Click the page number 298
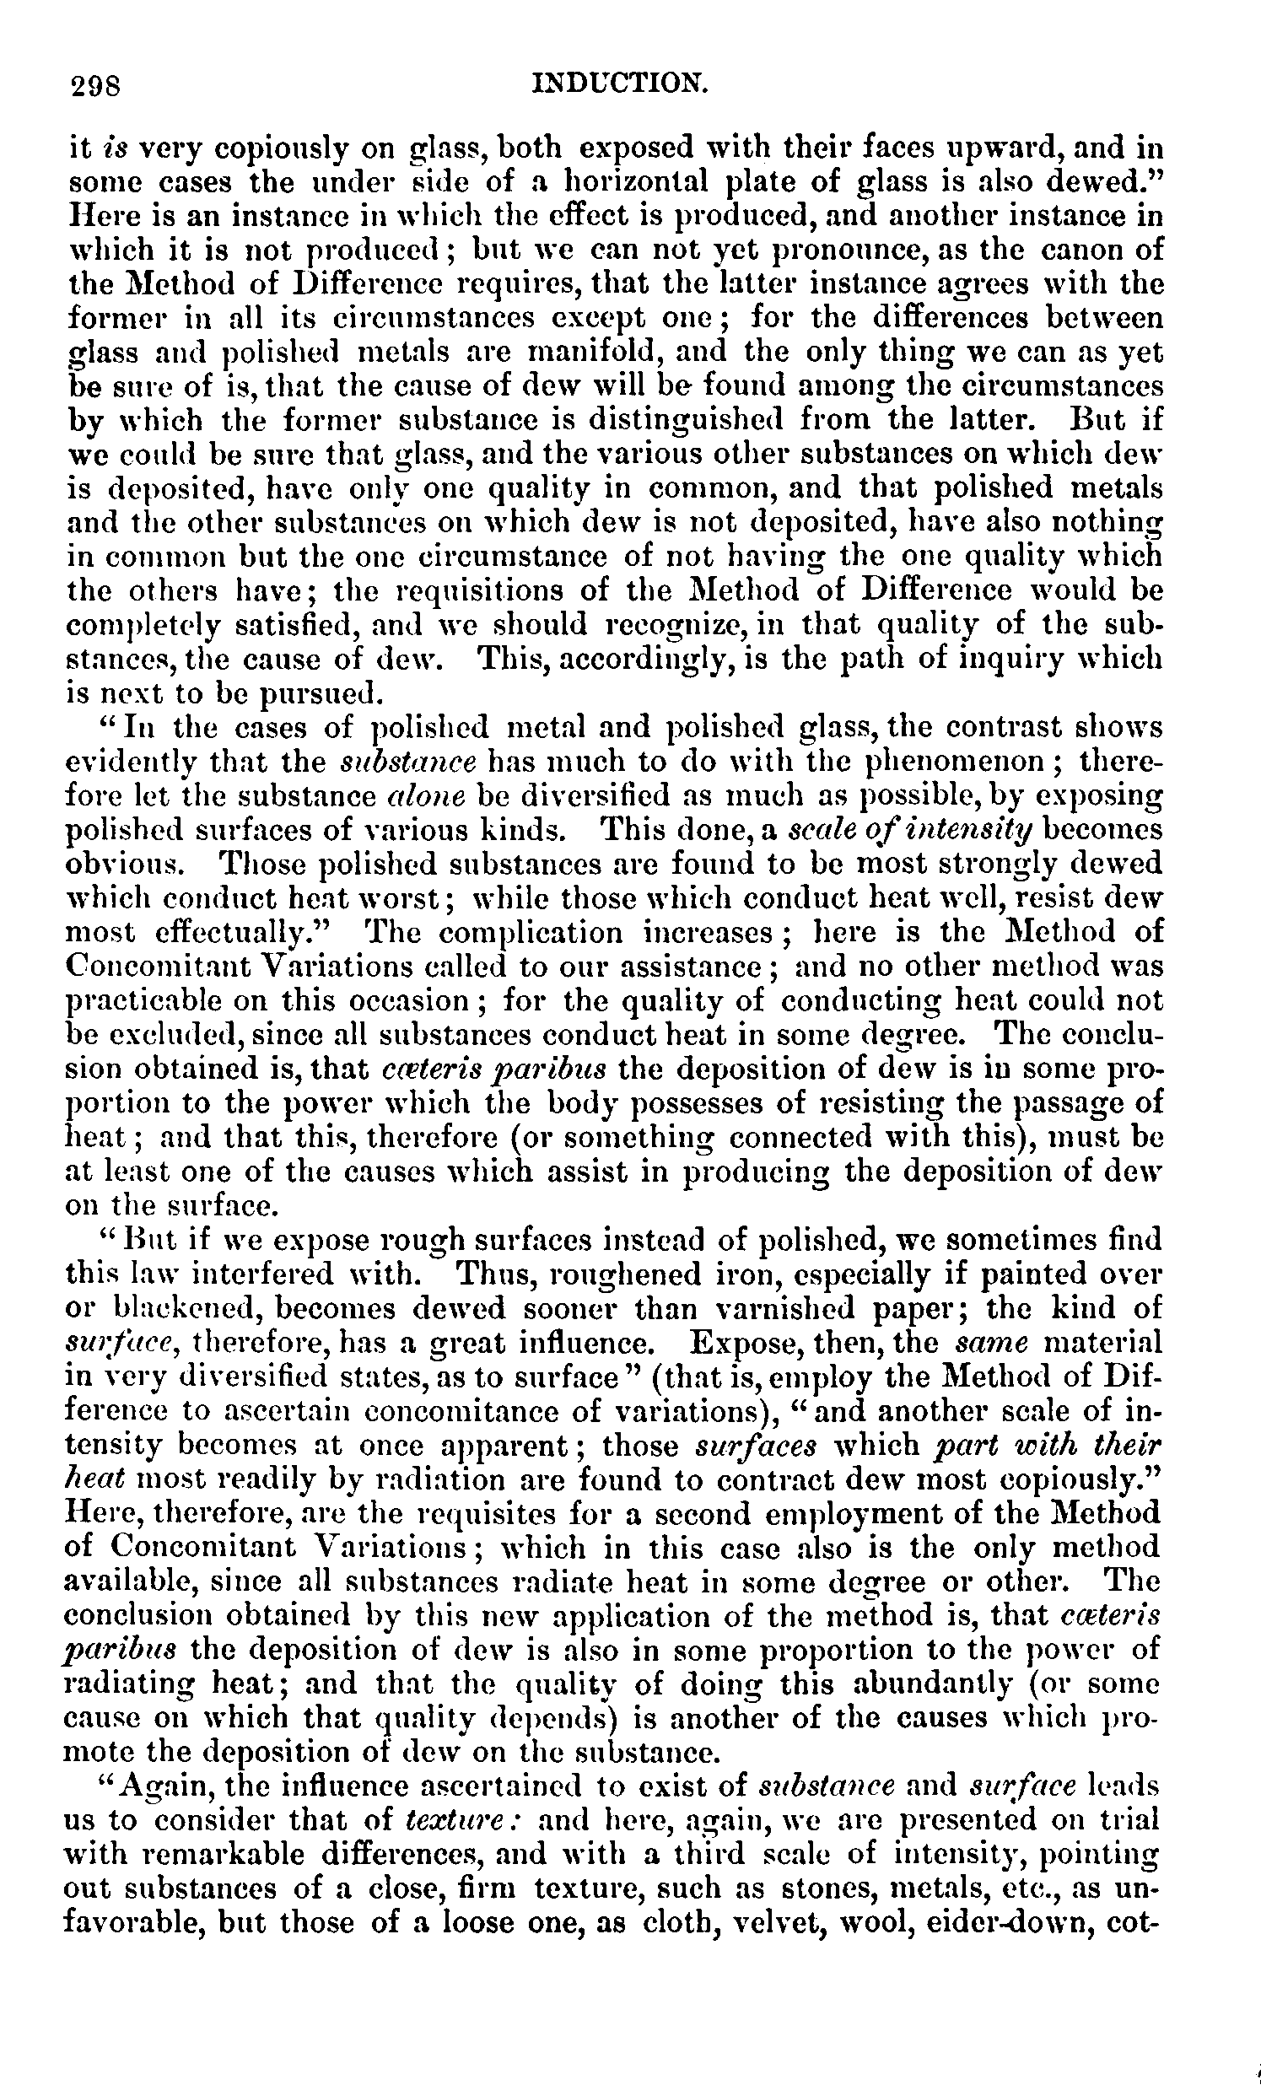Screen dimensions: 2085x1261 click(x=95, y=86)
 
